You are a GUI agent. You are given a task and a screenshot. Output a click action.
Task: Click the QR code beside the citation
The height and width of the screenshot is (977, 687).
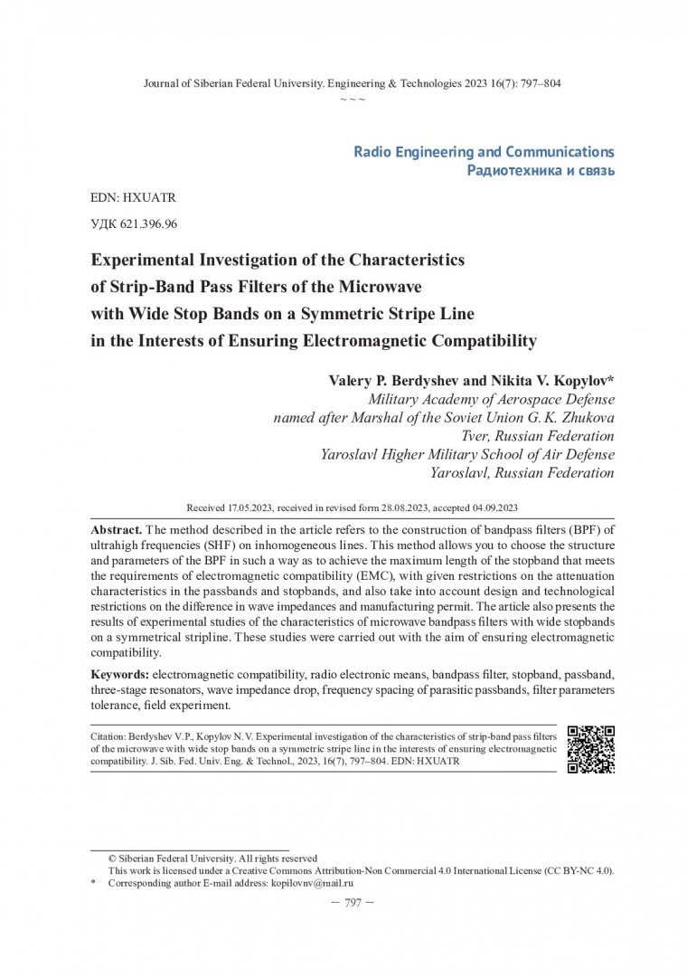coord(590,749)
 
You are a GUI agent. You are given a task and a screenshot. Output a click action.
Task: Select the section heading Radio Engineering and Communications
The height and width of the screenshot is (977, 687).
coord(484,151)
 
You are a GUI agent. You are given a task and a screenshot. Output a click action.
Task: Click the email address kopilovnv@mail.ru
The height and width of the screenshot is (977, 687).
coord(312,882)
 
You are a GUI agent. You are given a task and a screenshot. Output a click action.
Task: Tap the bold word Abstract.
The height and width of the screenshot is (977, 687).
coord(117,527)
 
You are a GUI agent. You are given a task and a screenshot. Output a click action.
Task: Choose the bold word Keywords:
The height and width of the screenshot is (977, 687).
coord(120,675)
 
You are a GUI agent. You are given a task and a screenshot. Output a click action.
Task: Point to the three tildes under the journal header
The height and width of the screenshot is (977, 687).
coord(353,98)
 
